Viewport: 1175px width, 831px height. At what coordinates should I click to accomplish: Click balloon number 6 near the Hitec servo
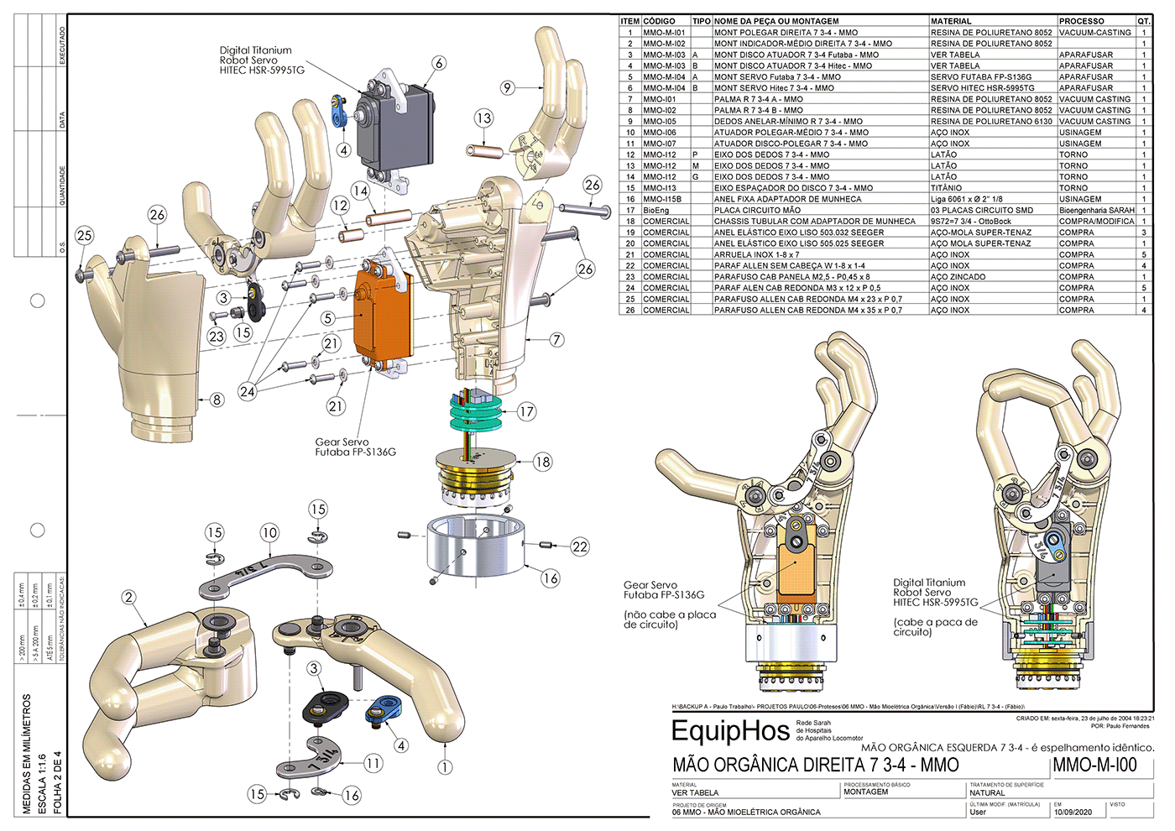[439, 63]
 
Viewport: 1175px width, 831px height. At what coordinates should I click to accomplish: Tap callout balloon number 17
[526, 411]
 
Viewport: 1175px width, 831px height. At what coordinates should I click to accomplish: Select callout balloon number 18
[543, 461]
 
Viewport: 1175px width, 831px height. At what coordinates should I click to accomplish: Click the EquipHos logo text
[730, 731]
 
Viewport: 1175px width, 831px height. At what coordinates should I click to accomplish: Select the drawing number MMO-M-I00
[1094, 765]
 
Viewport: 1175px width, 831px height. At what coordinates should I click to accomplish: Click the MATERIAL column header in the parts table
[951, 21]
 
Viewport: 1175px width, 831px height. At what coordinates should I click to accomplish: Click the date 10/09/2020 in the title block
[1073, 813]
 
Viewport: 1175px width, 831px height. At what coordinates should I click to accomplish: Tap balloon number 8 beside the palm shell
[217, 400]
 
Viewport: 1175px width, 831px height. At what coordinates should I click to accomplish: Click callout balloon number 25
[84, 236]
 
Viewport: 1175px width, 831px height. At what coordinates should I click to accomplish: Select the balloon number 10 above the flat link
[269, 532]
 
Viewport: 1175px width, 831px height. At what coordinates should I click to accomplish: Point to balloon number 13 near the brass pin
[483, 118]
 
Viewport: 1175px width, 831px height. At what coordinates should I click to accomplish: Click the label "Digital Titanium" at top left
[255, 50]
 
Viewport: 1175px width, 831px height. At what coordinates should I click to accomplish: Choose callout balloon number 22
[580, 546]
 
